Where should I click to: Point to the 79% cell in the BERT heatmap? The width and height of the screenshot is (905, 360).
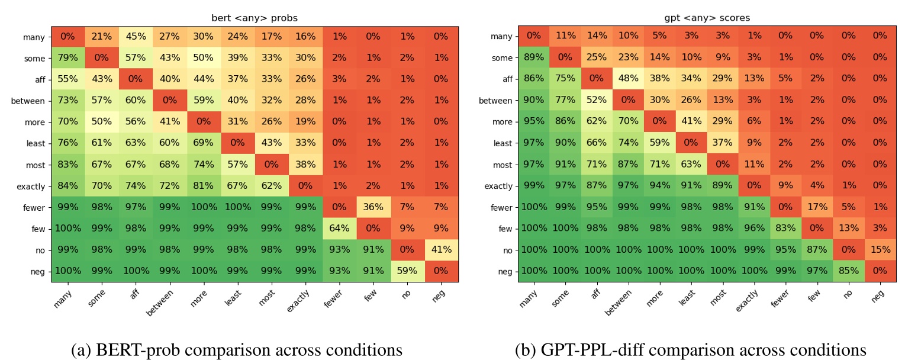pos(67,57)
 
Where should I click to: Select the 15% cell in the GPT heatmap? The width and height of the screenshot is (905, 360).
pos(880,250)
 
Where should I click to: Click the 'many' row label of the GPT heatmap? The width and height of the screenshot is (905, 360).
pos(502,37)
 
